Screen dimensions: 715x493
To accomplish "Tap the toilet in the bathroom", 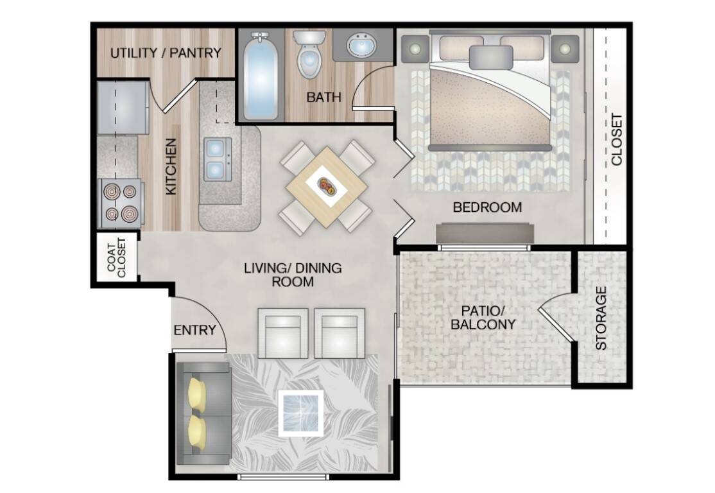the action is click(x=309, y=54).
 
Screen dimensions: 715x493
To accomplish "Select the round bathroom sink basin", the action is click(x=361, y=45).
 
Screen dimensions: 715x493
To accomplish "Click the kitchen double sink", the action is click(x=216, y=159).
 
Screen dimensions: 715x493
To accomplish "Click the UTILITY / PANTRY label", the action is click(x=166, y=53).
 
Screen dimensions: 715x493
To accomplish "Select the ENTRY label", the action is click(x=194, y=330).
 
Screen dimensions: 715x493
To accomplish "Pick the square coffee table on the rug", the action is click(x=301, y=413).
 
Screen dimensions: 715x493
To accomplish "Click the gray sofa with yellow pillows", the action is click(x=203, y=413).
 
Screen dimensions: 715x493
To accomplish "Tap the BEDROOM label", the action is click(x=487, y=207).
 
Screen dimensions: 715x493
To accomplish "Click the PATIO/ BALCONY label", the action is click(x=483, y=317).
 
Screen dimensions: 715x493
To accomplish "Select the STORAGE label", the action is click(x=601, y=318).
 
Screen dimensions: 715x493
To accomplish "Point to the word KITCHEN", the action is click(x=171, y=167).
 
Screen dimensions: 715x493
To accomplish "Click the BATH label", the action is click(x=323, y=97).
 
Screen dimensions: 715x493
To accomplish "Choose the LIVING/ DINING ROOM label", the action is click(x=293, y=275).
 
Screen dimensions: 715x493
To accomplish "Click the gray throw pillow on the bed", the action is click(x=490, y=57).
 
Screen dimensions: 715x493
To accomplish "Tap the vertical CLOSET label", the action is click(x=617, y=139).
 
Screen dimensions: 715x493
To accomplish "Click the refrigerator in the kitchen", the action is click(x=123, y=108).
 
